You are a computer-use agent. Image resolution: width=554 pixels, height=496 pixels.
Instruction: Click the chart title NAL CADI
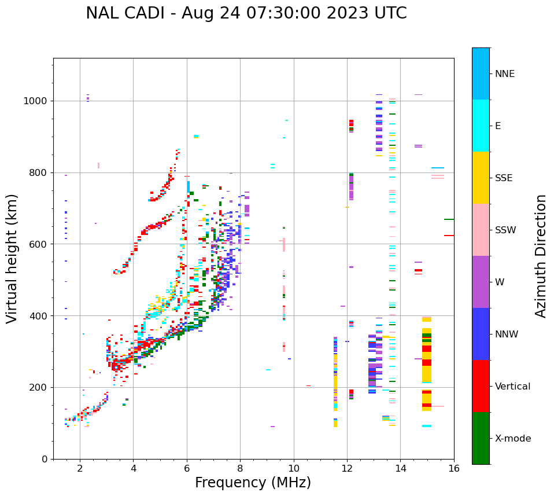[246, 13]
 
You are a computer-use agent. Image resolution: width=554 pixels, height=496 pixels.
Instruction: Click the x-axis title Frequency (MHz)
[253, 483]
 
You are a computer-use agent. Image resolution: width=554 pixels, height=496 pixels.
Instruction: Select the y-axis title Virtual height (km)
[12, 259]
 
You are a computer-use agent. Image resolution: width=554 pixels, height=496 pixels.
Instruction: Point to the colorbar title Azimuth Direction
[541, 256]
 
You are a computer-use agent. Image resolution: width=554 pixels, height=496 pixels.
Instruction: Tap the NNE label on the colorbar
[504, 74]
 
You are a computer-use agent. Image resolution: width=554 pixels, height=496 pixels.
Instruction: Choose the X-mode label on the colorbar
[512, 439]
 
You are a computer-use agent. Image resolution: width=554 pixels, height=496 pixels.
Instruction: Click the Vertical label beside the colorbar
[512, 387]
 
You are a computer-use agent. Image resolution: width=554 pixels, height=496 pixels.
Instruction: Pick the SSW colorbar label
[505, 230]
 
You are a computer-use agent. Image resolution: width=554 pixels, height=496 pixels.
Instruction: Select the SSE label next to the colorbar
[504, 178]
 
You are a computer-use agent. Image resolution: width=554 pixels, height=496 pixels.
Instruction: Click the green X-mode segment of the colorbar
[481, 438]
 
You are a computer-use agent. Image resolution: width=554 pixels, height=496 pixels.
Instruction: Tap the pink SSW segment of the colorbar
[481, 230]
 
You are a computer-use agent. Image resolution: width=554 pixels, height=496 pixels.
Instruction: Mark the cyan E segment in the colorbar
[481, 126]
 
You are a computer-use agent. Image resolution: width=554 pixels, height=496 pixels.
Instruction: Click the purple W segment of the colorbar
[481, 282]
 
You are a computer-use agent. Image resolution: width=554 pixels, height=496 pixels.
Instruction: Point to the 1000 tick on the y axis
[36, 101]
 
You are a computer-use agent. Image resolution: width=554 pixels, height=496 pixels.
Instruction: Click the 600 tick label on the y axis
[38, 244]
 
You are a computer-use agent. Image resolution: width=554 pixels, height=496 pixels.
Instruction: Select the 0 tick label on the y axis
[44, 459]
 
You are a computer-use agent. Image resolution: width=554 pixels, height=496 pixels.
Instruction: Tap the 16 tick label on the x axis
[453, 469]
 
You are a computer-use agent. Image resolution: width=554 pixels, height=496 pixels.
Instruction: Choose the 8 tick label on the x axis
[240, 469]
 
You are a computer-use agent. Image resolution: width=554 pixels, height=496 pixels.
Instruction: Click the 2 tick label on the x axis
[80, 469]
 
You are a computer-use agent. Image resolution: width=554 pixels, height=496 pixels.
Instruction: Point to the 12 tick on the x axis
[347, 469]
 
